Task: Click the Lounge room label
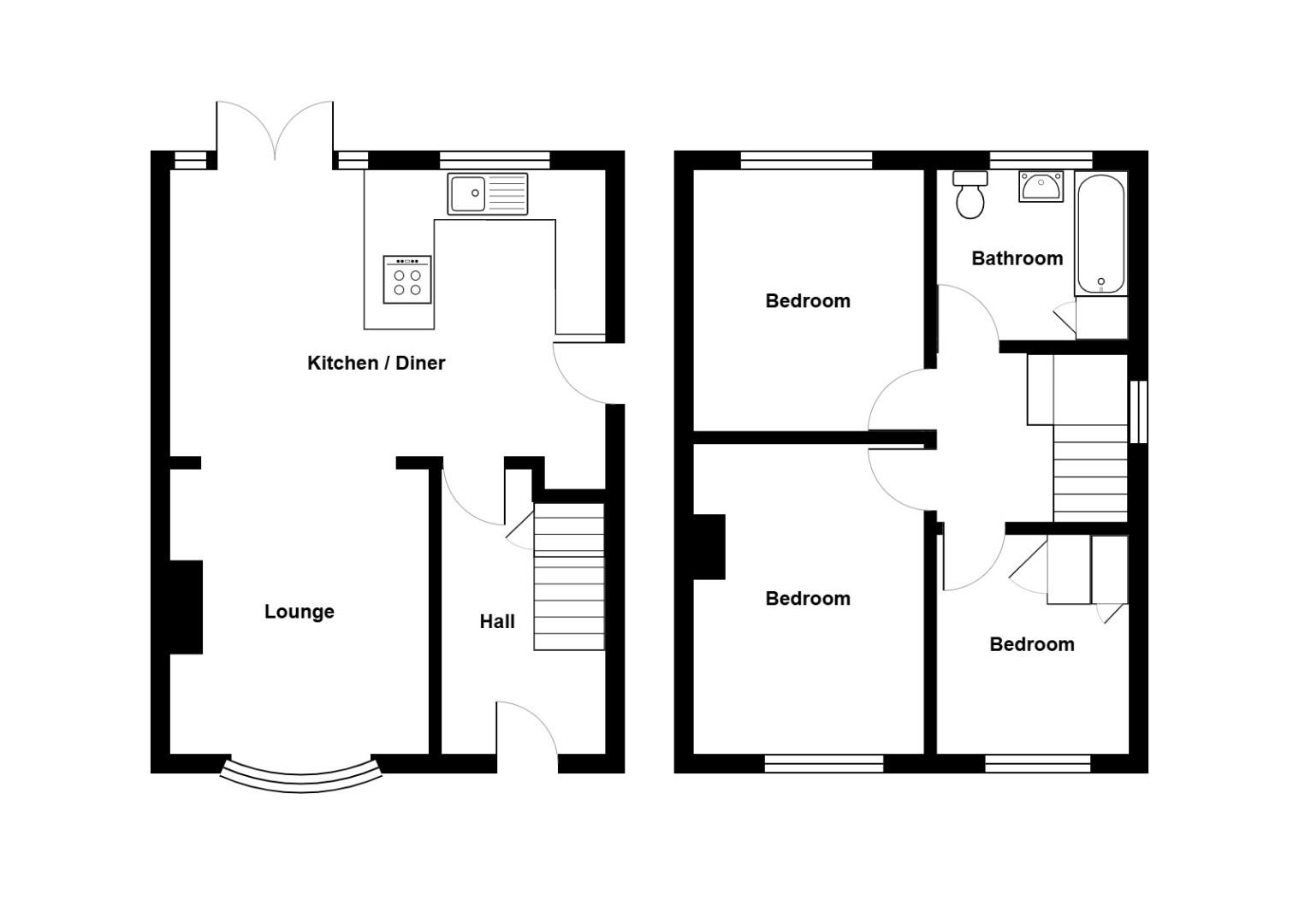299,612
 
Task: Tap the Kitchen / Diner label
376,363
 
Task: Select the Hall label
496,622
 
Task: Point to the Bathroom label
1017,258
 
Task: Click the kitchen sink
487,193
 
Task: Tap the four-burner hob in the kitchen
407,279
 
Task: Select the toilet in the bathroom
970,196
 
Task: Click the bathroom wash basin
1041,186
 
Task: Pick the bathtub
1100,234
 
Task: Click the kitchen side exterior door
587,373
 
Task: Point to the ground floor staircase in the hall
569,577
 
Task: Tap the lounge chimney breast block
187,607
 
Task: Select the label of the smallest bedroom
1031,644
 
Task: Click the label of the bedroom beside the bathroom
807,301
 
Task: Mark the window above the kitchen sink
495,160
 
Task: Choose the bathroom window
1041,160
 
